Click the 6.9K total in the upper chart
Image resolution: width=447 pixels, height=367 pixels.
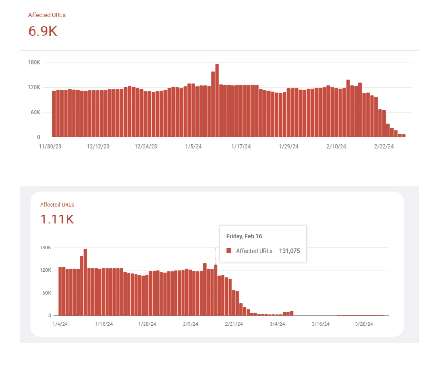click(x=43, y=31)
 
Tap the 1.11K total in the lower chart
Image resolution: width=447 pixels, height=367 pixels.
click(x=57, y=219)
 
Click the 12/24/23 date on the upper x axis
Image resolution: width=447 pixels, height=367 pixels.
click(x=146, y=146)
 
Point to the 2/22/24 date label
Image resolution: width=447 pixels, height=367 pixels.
click(x=384, y=146)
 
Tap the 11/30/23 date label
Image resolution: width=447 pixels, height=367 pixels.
click(x=50, y=146)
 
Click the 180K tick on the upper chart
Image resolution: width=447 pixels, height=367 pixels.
click(x=34, y=62)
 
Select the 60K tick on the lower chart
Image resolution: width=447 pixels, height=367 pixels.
click(x=46, y=293)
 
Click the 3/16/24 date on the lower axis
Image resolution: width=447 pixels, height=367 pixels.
click(x=320, y=324)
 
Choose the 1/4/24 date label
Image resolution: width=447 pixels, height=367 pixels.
click(x=60, y=324)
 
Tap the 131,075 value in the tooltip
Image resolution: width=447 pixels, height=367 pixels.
click(x=289, y=251)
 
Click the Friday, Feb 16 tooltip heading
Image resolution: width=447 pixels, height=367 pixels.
click(x=244, y=236)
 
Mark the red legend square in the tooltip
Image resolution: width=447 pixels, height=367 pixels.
click(x=229, y=251)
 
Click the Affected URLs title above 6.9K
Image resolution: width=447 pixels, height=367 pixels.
click(x=47, y=15)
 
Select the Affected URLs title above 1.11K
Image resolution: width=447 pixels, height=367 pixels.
click(x=57, y=205)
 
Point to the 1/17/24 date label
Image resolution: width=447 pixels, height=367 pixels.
click(x=241, y=146)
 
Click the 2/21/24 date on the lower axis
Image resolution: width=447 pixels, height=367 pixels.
click(x=234, y=324)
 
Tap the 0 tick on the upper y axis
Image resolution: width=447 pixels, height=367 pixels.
click(x=39, y=137)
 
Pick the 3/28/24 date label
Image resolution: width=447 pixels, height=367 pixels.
click(x=364, y=324)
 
